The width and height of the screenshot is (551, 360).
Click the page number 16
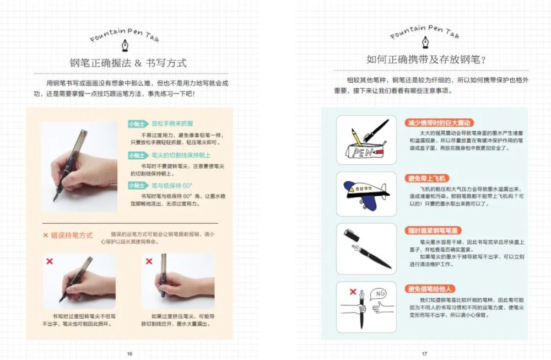(129, 353)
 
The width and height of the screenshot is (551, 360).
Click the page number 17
(424, 353)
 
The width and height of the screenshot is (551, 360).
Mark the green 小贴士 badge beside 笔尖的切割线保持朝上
(136, 155)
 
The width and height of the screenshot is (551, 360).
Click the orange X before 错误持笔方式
(46, 235)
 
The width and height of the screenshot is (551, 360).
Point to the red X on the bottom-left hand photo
(50, 261)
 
